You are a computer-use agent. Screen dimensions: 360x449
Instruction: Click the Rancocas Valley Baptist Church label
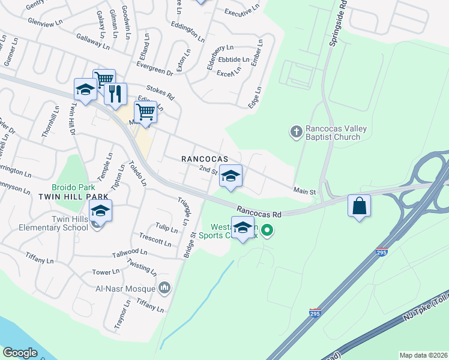tap(333, 133)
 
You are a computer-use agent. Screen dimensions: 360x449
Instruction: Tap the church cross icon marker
tap(295, 131)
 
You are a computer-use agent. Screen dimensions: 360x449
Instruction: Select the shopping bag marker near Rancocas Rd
tap(359, 206)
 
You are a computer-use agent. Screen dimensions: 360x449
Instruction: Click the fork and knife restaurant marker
tap(116, 94)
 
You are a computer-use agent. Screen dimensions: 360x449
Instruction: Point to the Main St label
tap(304, 191)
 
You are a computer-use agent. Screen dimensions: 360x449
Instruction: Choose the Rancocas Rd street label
tap(259, 212)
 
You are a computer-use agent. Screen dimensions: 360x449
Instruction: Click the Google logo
tap(20, 353)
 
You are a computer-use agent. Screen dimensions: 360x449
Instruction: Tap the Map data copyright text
tap(424, 355)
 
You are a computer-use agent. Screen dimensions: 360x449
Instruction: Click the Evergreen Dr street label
tap(154, 69)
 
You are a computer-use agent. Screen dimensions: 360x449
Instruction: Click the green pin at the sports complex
tap(269, 229)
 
